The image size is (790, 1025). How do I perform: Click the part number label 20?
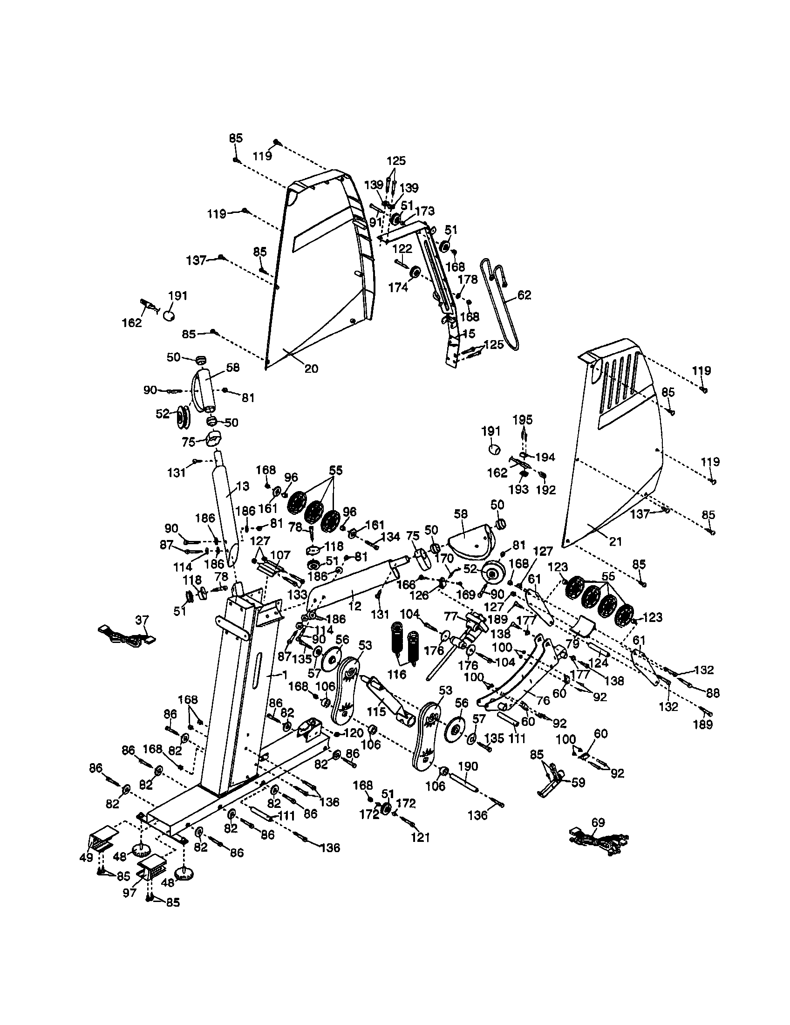click(311, 369)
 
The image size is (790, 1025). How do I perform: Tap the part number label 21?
click(614, 541)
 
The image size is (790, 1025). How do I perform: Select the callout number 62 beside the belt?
click(524, 295)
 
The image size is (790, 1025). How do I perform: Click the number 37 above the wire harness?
click(142, 621)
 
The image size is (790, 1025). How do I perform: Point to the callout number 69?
click(598, 822)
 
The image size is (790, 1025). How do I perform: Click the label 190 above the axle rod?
click(468, 766)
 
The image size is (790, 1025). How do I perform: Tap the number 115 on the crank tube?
click(376, 711)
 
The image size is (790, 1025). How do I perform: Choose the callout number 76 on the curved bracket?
click(543, 700)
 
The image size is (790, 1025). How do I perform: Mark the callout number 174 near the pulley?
click(398, 287)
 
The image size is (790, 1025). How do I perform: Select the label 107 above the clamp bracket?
click(280, 555)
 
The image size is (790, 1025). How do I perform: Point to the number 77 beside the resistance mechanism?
click(451, 615)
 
